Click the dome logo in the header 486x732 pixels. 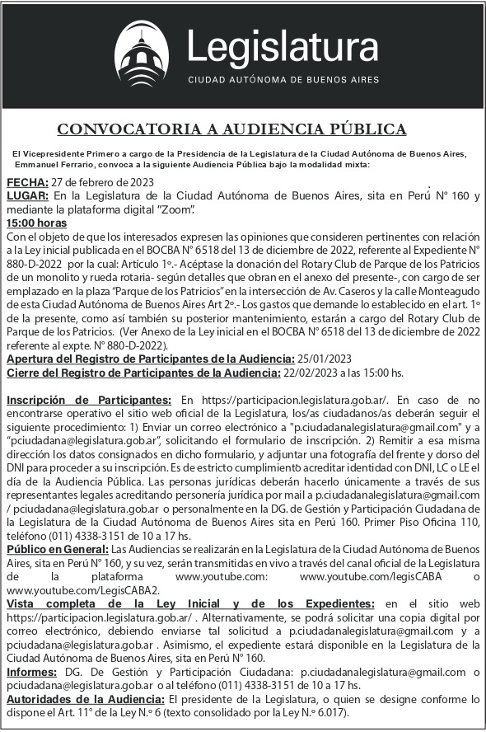(146, 54)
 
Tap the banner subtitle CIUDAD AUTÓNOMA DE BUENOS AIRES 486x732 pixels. (284, 81)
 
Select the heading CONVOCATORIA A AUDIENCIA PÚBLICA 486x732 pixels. (231, 129)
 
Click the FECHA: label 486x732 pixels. (27, 182)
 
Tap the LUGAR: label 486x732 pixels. (28, 196)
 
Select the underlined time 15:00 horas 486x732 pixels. (36, 223)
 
